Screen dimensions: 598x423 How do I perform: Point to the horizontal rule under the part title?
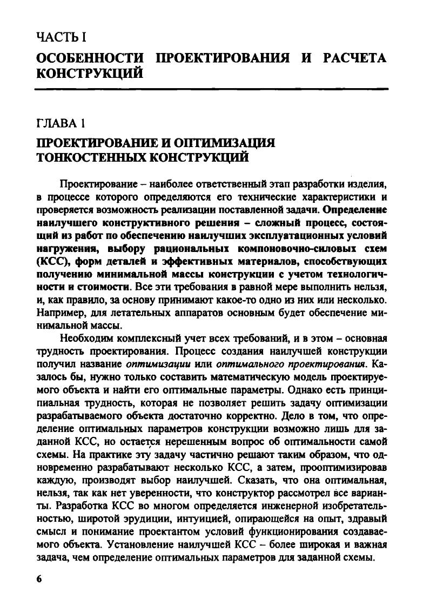(211, 86)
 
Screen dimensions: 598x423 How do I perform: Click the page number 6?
(38, 578)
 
